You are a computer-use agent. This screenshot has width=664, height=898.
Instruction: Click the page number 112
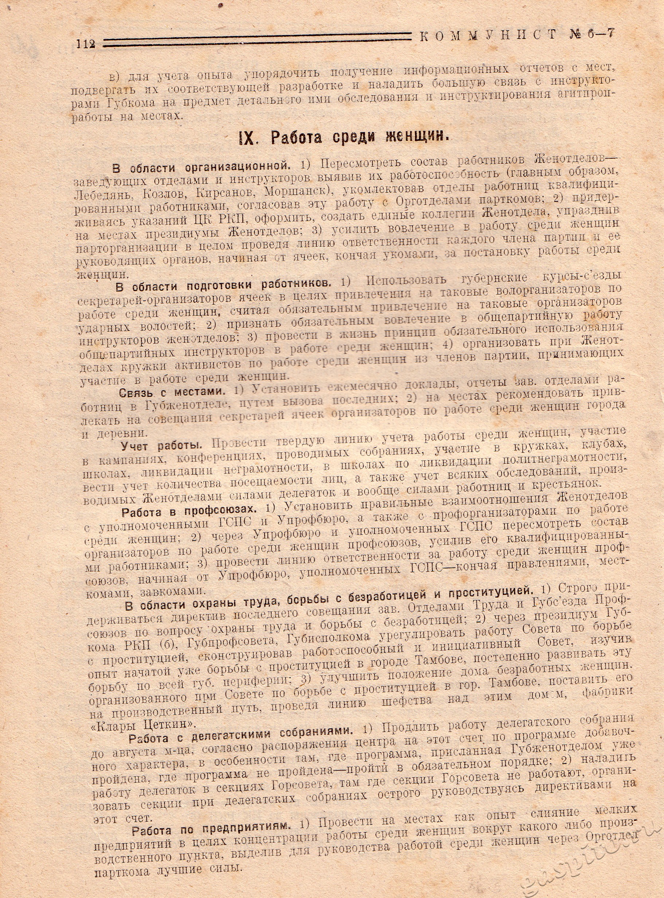coord(85,43)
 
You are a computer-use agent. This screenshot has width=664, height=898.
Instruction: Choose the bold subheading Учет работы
coord(161,445)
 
